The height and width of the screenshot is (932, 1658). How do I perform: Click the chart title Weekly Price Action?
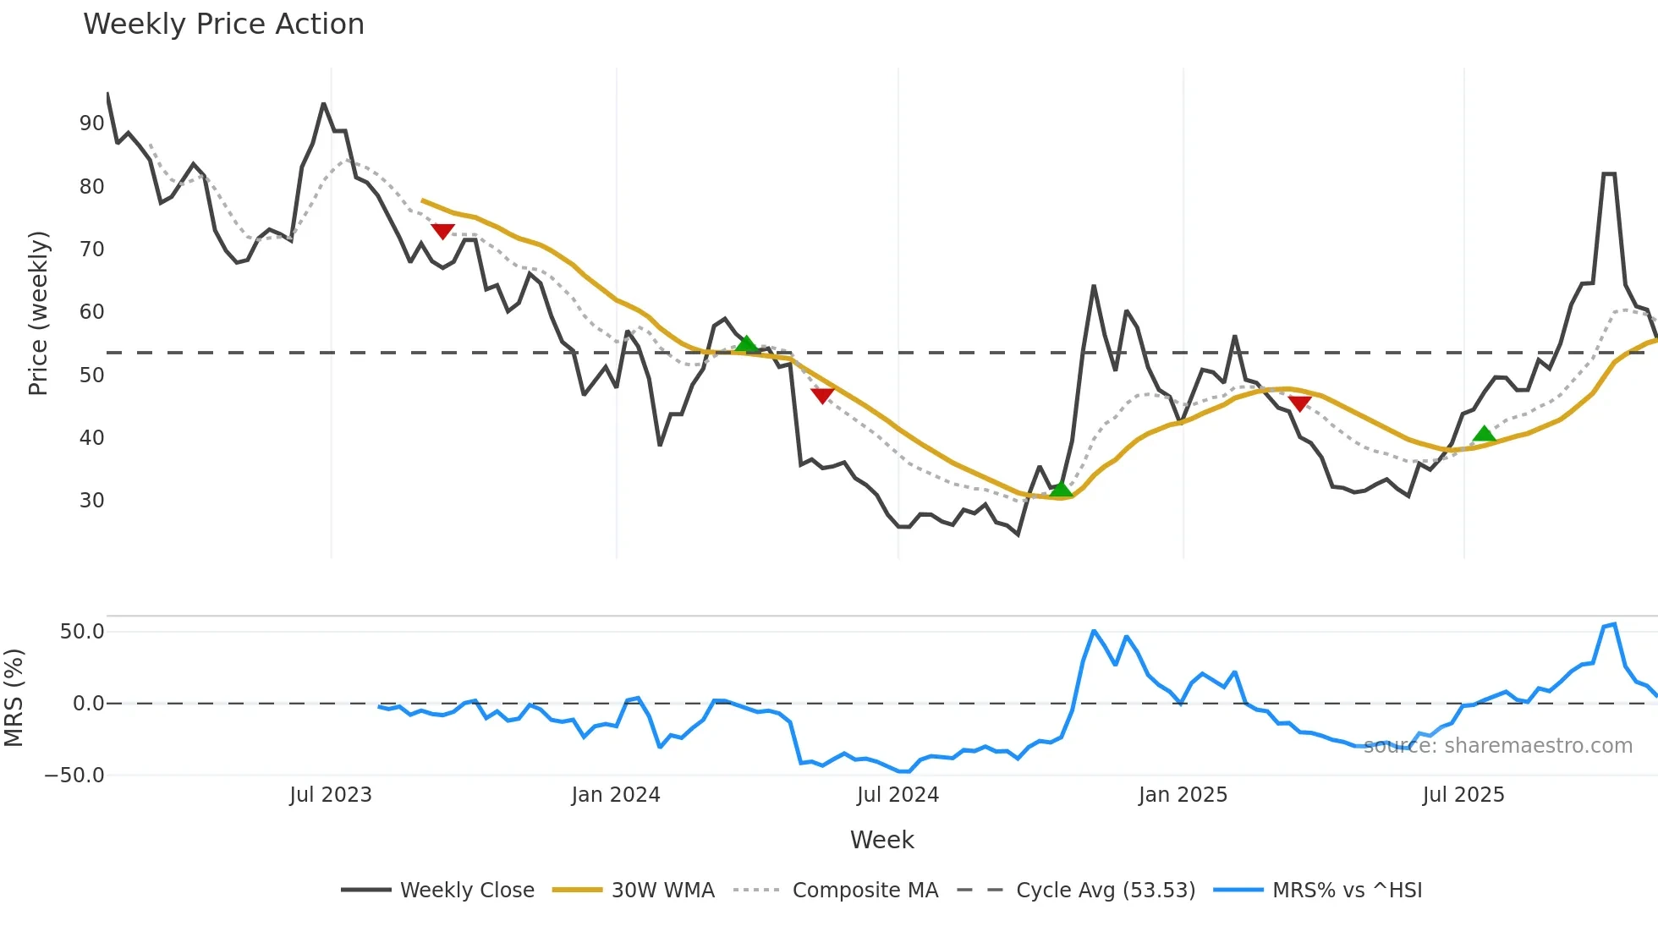pos(223,25)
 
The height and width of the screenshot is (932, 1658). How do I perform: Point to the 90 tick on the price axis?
pos(91,123)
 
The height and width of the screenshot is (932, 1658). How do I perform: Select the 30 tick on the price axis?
pos(91,501)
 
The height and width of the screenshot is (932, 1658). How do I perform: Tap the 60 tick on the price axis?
pos(91,312)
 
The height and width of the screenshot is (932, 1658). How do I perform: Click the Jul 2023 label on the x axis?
pos(330,795)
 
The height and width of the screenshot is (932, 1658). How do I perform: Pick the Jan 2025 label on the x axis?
pos(1182,795)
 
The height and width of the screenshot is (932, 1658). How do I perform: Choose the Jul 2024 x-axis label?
pos(898,795)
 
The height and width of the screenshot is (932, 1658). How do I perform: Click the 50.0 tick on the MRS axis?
pos(82,632)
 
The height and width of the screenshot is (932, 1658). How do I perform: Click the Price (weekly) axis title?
pos(38,313)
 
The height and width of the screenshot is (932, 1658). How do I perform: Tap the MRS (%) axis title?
pos(14,698)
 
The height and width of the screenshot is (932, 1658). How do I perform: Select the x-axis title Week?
pos(881,840)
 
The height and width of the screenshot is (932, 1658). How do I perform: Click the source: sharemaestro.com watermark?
pos(1497,746)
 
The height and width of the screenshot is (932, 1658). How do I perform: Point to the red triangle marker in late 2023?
pos(442,231)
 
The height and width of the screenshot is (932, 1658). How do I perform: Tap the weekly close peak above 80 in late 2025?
pos(1609,174)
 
